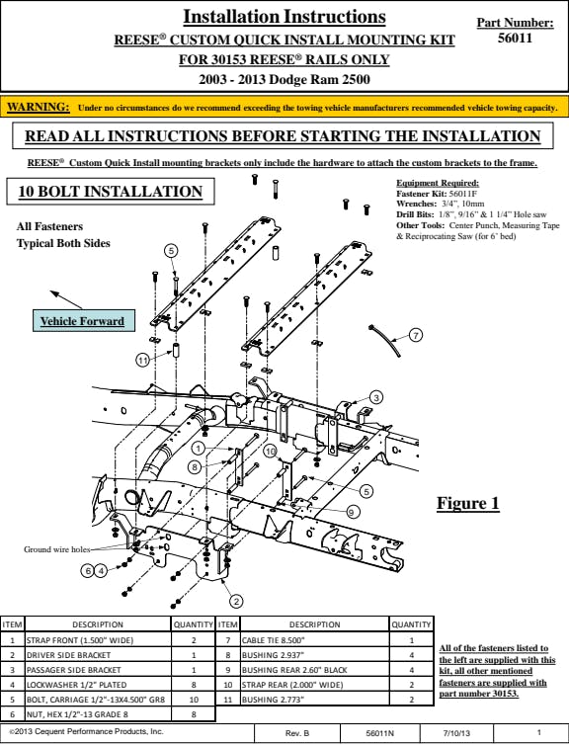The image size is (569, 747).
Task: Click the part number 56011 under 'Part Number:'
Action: point(515,39)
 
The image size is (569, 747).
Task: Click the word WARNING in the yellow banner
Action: point(39,107)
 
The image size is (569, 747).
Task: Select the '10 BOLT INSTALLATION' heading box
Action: point(111,192)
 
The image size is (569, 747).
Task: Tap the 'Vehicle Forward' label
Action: point(82,321)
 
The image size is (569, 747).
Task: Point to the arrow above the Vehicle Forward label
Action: point(66,299)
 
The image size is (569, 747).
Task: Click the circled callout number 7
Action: point(416,335)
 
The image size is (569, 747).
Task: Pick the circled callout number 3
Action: point(376,397)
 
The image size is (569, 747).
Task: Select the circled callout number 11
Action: point(143,360)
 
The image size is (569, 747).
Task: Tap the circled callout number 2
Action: point(237,601)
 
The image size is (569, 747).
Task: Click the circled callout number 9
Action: point(353,512)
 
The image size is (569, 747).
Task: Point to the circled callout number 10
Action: point(271,452)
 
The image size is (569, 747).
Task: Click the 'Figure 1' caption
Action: point(468,503)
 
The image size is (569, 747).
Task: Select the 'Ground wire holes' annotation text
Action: point(56,549)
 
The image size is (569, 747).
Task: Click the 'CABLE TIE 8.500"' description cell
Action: point(315,640)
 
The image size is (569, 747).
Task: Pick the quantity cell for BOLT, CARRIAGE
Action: point(194,700)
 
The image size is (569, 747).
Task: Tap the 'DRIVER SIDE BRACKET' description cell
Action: point(98,655)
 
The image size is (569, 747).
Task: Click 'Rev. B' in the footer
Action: point(297,733)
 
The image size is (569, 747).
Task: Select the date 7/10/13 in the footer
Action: point(456,733)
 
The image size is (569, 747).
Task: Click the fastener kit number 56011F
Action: point(463,194)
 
